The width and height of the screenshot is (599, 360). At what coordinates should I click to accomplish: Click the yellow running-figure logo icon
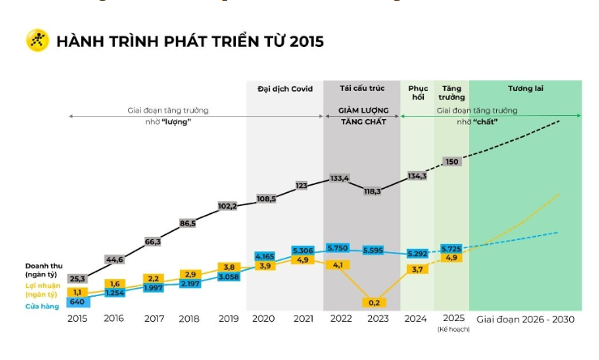pyautogui.click(x=37, y=40)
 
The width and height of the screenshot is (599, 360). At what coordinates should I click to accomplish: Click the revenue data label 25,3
pyautogui.click(x=78, y=279)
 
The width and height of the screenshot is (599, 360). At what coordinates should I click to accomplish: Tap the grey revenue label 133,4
pyautogui.click(x=340, y=178)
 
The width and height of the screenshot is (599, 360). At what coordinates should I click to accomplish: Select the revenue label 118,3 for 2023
pyautogui.click(x=374, y=191)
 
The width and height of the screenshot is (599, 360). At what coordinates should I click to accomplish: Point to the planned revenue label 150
pyautogui.click(x=452, y=161)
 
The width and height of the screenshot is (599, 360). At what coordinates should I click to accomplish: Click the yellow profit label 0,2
pyautogui.click(x=374, y=302)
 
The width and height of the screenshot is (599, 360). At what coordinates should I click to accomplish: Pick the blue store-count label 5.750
pyautogui.click(x=339, y=247)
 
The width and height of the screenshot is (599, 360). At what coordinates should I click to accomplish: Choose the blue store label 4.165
pyautogui.click(x=264, y=256)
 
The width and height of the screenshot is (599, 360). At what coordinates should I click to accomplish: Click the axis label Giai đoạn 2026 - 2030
pyautogui.click(x=525, y=319)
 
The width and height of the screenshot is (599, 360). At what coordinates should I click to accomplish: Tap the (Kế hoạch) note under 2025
pyautogui.click(x=452, y=330)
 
